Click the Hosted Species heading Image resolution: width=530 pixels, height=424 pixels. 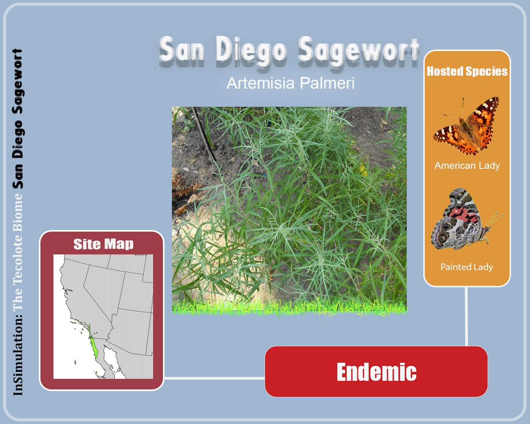click(467, 71)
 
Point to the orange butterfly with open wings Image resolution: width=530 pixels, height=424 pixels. click(466, 126)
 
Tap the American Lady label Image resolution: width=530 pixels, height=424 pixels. click(467, 166)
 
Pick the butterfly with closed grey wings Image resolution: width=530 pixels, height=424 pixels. click(466, 219)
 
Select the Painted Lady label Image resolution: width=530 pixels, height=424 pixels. click(467, 267)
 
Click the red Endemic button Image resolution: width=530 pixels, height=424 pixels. click(376, 371)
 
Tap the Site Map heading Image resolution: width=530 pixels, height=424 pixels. click(103, 244)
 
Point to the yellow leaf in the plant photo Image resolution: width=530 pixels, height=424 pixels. click(363, 170)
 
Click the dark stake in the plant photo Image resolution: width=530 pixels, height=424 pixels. click(204, 134)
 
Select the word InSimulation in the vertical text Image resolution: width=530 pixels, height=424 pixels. click(18, 356)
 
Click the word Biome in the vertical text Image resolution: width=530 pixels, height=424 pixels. click(18, 212)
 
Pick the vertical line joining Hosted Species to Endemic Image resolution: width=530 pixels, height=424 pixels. click(466, 316)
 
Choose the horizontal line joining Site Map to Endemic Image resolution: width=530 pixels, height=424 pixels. click(214, 378)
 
